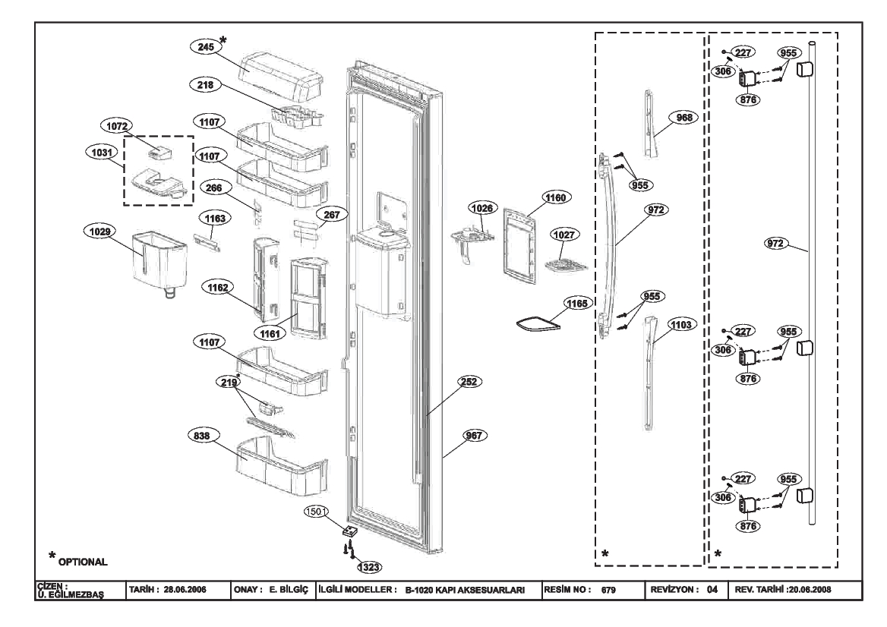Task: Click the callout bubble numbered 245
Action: (205, 47)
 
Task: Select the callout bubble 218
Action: (205, 85)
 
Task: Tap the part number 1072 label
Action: (116, 126)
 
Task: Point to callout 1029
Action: (100, 232)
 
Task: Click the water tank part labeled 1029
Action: (159, 263)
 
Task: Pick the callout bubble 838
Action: (202, 436)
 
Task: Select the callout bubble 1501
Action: (316, 512)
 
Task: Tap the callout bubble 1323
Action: (369, 566)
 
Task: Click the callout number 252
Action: (469, 382)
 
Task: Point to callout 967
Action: (474, 436)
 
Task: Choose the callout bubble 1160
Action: (555, 198)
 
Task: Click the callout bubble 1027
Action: (564, 235)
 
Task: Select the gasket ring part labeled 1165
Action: (538, 323)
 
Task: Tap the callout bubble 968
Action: (684, 118)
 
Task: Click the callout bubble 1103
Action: (681, 325)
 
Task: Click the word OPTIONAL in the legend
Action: (83, 562)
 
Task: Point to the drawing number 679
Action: (608, 591)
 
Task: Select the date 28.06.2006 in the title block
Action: (185, 590)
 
